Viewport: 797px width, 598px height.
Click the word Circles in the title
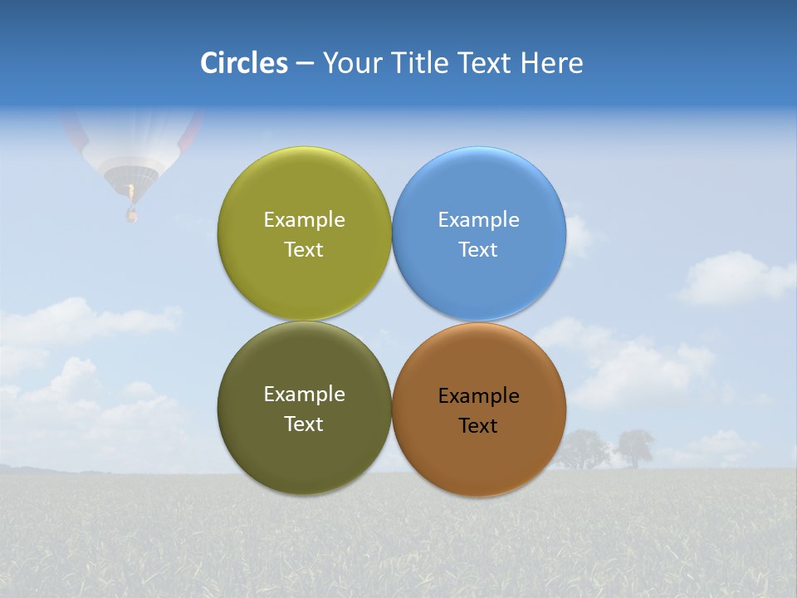(x=244, y=63)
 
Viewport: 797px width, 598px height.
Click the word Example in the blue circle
(x=479, y=220)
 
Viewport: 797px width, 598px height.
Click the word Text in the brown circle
(x=477, y=426)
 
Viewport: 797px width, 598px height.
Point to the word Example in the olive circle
(x=304, y=395)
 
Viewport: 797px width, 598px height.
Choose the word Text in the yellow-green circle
(x=304, y=250)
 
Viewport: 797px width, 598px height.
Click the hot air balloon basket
(x=131, y=215)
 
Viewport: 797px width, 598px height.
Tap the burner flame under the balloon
(x=130, y=193)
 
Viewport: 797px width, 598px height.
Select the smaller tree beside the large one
(x=634, y=448)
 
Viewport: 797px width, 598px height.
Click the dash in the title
(x=305, y=64)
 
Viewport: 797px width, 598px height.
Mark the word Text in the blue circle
(x=477, y=250)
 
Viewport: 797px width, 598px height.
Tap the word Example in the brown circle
(x=479, y=396)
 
